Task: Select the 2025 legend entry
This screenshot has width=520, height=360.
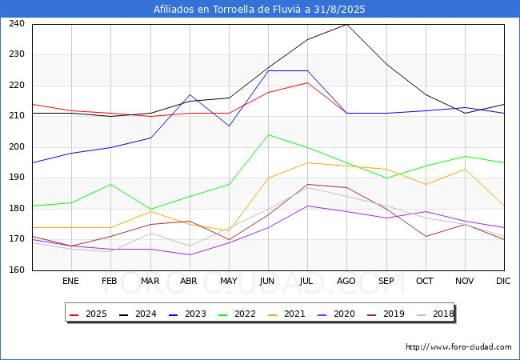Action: tap(88, 314)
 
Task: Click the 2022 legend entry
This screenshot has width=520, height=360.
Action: tap(237, 314)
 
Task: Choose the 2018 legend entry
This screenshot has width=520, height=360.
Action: tap(435, 314)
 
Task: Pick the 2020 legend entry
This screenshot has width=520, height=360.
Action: tap(336, 314)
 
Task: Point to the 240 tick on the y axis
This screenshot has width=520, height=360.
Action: tap(17, 23)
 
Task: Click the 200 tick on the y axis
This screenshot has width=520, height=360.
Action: tap(17, 146)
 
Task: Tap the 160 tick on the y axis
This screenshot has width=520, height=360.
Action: tap(17, 270)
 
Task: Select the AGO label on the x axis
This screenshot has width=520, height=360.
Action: tap(346, 281)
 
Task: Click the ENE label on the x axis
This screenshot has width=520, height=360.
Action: tap(70, 281)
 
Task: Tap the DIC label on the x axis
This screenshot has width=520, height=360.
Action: tap(503, 281)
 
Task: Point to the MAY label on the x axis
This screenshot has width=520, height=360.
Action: tap(229, 281)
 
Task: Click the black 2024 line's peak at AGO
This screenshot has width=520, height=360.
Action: tap(347, 24)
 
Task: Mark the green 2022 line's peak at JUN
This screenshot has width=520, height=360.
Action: tap(268, 135)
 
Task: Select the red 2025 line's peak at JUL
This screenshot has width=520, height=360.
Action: tap(308, 82)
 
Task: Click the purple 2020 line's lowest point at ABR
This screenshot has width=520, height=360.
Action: tap(190, 255)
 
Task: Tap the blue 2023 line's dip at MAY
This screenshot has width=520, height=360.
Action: tap(229, 126)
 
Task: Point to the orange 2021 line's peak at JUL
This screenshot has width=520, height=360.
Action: tap(308, 162)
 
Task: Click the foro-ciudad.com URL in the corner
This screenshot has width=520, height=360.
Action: tap(458, 347)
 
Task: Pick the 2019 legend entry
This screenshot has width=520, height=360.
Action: tap(386, 314)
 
